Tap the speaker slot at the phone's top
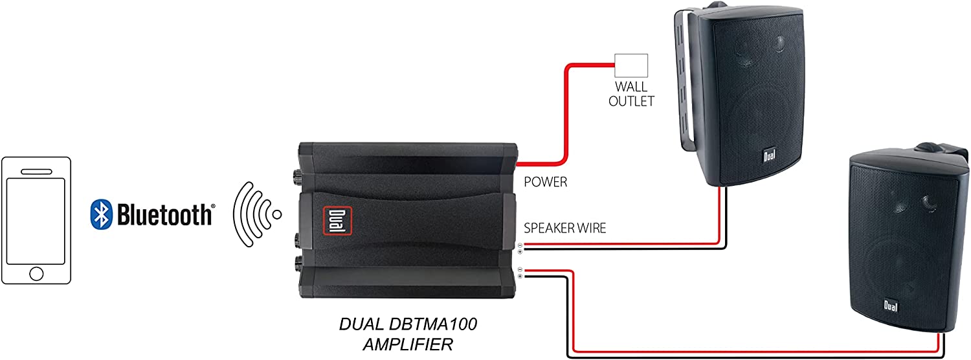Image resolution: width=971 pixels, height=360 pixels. pos(36,172)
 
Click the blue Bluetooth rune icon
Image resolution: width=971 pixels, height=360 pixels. pos(100,214)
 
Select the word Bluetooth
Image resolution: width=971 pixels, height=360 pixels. pos(164,214)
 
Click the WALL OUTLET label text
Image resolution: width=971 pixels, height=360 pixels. pos(631,94)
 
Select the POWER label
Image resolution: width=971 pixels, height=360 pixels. pos(546,182)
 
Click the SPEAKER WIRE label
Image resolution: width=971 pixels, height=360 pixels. pos(564,228)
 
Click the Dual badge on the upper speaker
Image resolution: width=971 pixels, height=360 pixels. pos(768,155)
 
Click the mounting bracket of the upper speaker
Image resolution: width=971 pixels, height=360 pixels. pos(683,78)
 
